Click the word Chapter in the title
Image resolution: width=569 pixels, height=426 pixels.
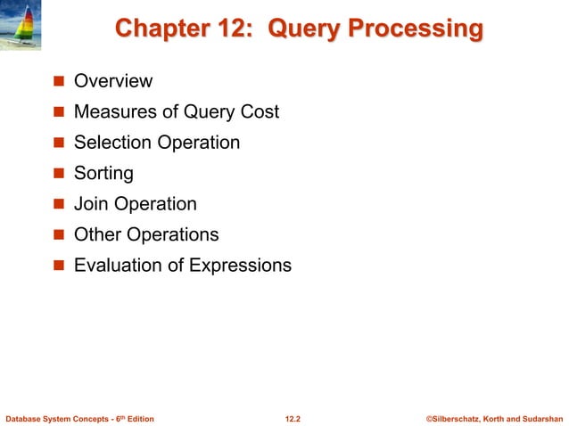pos(157,29)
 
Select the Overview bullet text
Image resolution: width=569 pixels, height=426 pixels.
pos(113,82)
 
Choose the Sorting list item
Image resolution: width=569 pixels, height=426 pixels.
pos(103,173)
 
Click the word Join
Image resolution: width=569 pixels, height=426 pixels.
pos(90,204)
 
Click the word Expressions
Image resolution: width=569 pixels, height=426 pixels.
pos(242,266)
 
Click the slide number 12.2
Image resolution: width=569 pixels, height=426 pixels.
pos(293,417)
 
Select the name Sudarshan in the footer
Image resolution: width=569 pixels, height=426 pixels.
pos(541,417)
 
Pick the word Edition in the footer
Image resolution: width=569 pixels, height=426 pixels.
pos(138,417)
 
